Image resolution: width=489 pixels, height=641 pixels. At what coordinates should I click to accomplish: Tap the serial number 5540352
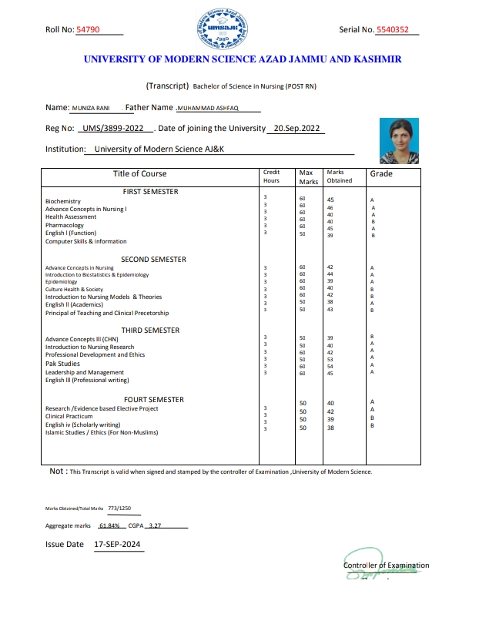point(397,30)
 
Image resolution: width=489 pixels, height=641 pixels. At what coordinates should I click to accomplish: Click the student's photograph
point(399,141)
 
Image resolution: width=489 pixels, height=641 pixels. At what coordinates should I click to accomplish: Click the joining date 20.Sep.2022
point(296,129)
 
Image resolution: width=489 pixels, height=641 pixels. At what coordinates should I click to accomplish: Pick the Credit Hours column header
point(271,176)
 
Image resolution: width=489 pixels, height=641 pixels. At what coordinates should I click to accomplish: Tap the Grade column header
point(381,174)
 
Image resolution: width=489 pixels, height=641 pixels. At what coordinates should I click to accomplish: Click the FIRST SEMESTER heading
point(150,191)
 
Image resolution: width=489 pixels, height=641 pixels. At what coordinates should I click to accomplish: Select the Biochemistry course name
point(63,201)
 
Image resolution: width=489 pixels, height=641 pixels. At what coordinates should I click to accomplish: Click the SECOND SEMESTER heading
point(153,260)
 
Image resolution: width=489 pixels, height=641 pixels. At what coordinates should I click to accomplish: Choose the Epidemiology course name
point(62,282)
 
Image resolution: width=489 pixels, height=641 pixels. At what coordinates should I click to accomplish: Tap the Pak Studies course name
point(62,364)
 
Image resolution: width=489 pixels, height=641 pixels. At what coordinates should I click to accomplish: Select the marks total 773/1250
point(119,508)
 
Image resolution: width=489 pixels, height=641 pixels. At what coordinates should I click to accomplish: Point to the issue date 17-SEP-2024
point(116,544)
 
